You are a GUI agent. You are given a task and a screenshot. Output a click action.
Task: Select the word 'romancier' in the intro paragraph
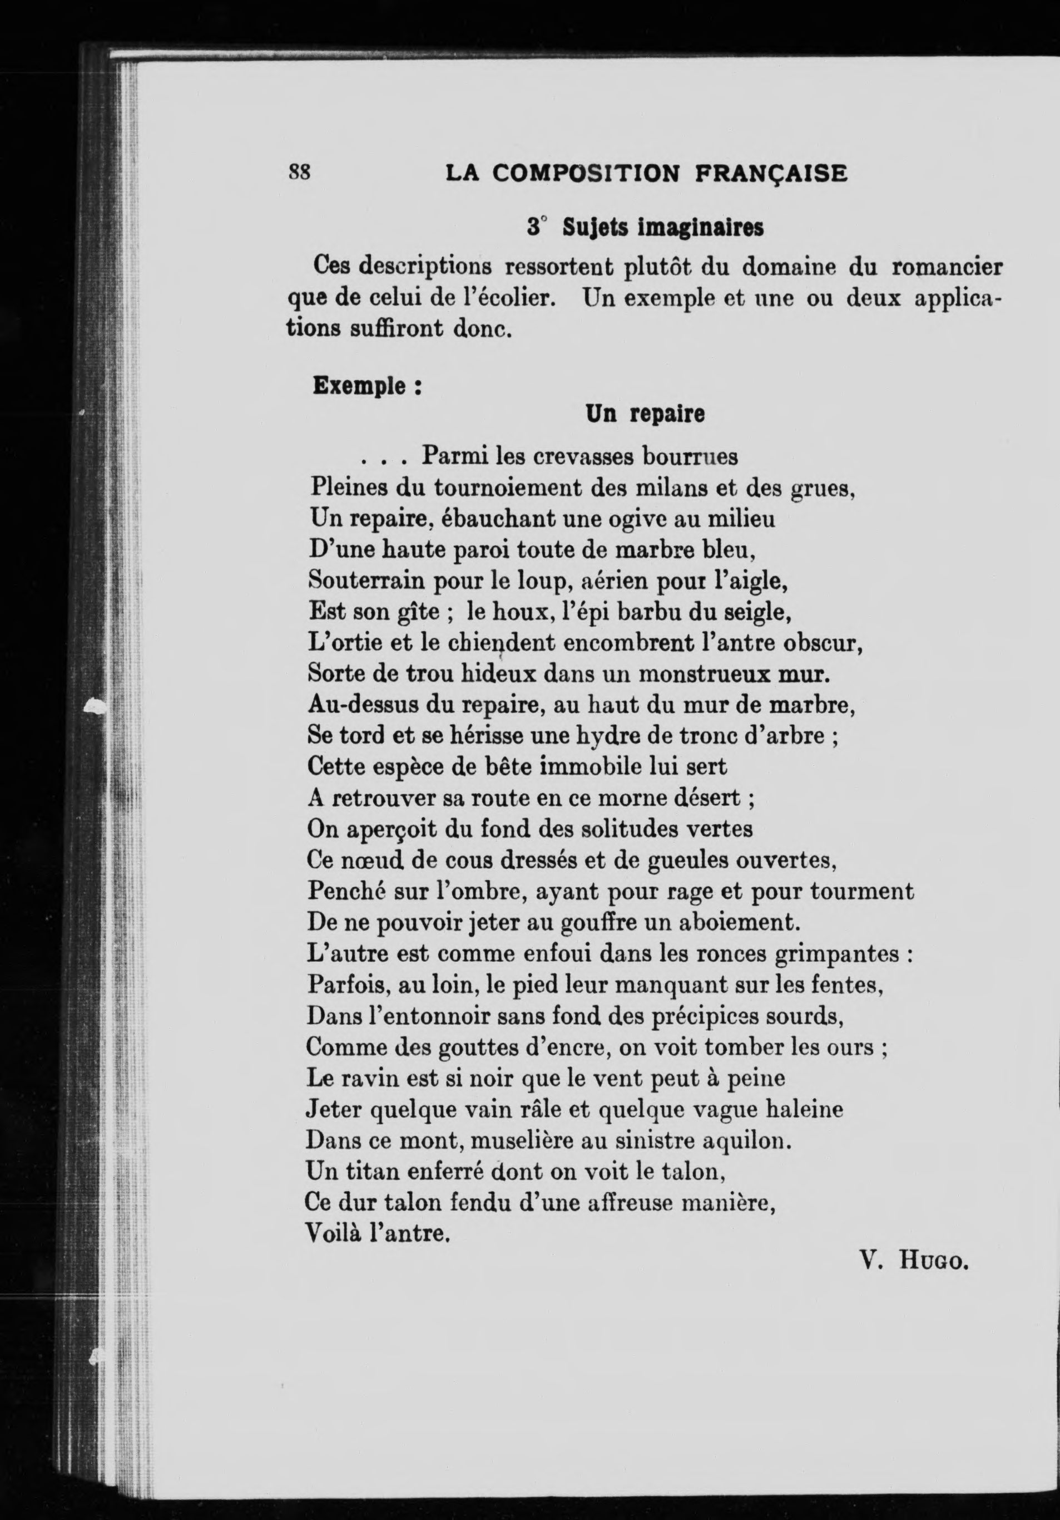click(948, 268)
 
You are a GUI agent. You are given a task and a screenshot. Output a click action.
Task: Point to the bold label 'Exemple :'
click(367, 385)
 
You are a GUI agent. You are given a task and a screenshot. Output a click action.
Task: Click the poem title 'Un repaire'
click(645, 415)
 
